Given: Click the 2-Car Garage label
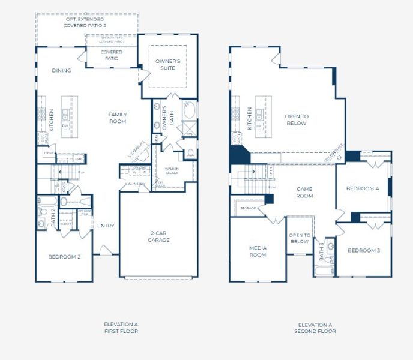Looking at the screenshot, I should pos(159,236).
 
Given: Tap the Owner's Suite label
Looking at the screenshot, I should pos(168,65).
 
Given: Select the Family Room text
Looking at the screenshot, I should pos(117,118).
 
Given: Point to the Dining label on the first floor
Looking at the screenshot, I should pos(61,71).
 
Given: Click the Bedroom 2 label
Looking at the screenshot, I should pos(64,257).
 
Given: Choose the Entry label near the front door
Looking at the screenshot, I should pos(106,226).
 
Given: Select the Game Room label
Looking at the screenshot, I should pos(304,192).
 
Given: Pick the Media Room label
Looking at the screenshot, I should pos(258,251).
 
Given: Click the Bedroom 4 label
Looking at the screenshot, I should pos(363,188).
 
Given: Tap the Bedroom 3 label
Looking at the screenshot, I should pos(363,250).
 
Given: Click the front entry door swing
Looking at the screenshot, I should pos(106,249).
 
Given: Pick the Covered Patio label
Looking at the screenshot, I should pos(111,56).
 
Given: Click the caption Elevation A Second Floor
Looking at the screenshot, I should pos(315,328).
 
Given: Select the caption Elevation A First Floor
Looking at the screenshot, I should pos(121,328).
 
